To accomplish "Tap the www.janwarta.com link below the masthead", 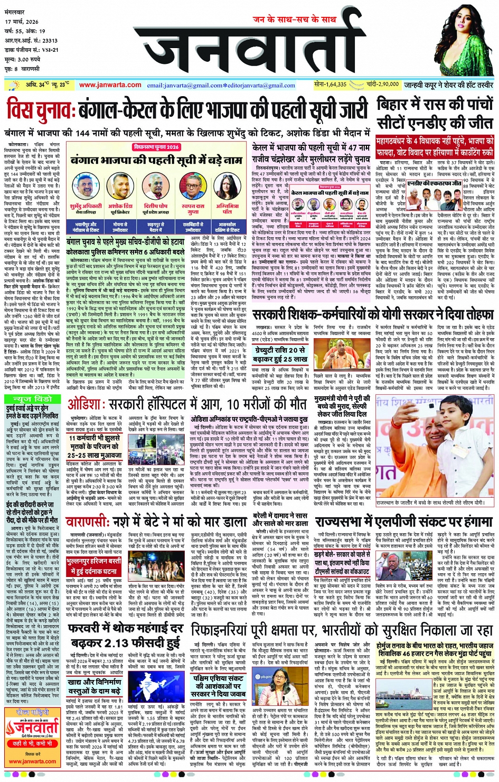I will click(110, 85).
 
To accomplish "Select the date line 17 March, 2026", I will click(22, 22).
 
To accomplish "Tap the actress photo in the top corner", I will click(467, 40).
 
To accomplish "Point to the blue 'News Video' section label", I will click(29, 399).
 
